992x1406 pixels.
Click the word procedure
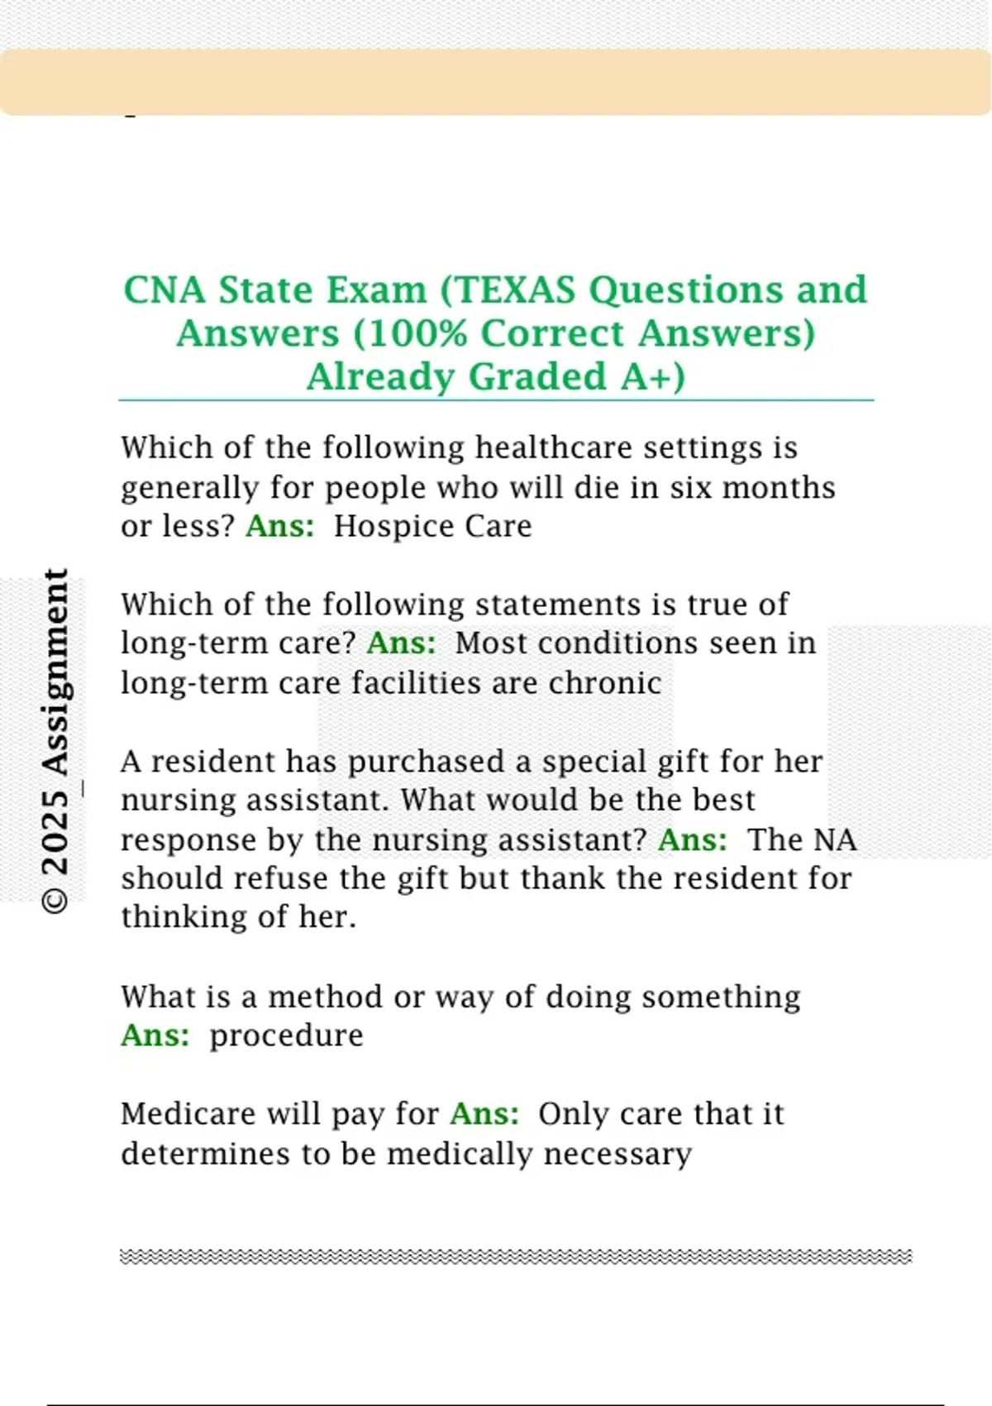point(286,1035)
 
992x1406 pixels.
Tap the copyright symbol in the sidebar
point(55,900)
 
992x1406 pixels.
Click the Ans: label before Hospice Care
point(280,526)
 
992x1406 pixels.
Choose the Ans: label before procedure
point(155,1035)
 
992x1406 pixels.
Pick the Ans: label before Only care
point(484,1114)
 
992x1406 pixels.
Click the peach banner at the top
point(496,82)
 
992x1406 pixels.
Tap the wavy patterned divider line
point(516,1257)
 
